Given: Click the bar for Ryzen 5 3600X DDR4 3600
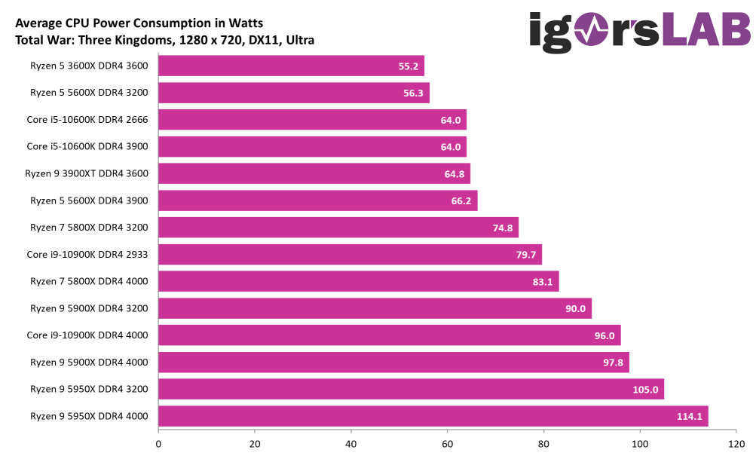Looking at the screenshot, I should (291, 66).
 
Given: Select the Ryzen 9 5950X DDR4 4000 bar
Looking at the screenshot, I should (433, 416).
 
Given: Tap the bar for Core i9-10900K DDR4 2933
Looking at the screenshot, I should (350, 255).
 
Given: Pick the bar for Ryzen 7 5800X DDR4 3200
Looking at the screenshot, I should (338, 228).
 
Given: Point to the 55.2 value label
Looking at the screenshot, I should (408, 66).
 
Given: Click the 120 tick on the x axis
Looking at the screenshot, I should (736, 445).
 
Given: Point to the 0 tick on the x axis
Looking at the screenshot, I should (158, 445).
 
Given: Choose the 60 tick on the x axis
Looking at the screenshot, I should (448, 445).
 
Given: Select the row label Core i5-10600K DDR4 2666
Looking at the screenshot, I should (87, 119).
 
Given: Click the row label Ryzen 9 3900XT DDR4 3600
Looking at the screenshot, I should (87, 173).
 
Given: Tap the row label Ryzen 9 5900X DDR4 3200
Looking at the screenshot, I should (89, 308).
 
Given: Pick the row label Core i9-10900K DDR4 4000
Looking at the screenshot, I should (87, 335).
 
